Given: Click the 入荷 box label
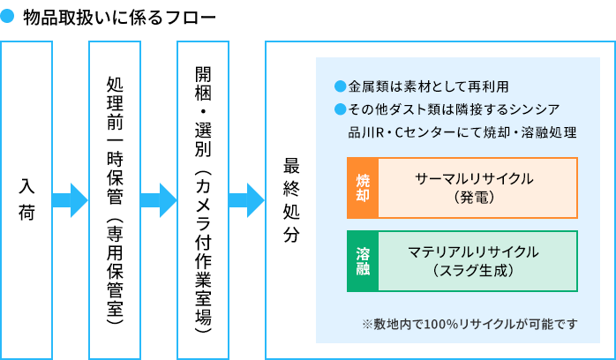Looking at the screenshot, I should click(26, 200).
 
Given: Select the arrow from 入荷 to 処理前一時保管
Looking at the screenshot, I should click(71, 200).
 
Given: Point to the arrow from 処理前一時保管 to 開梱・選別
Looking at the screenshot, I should click(159, 200).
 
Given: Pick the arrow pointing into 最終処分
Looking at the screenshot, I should click(247, 200).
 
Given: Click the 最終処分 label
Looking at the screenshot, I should click(291, 200).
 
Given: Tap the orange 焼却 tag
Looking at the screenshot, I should click(363, 188).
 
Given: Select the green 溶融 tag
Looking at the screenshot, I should click(363, 261).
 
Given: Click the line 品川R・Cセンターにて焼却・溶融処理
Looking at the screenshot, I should click(462, 132).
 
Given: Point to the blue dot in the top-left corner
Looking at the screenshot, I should click(7, 15).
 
